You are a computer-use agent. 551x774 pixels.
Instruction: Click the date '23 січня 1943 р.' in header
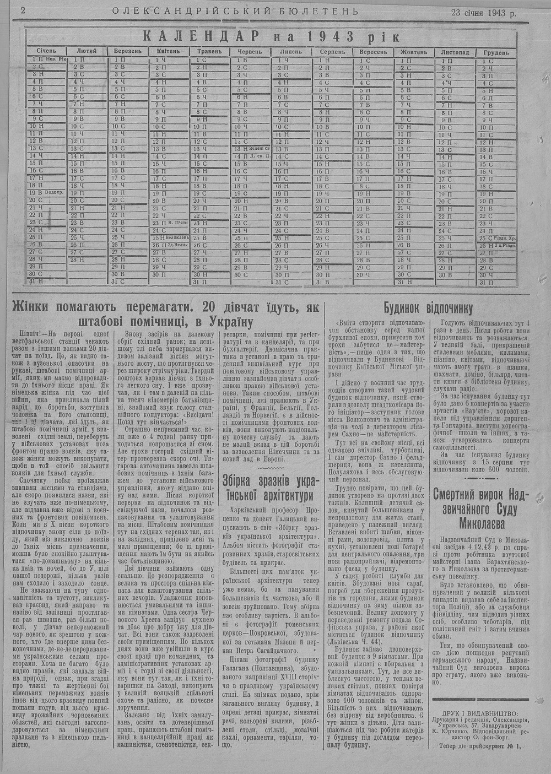click(483, 12)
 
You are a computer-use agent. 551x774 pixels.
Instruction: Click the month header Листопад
click(455, 52)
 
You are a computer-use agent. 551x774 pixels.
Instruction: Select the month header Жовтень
click(414, 52)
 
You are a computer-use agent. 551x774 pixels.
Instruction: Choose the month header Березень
click(127, 51)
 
